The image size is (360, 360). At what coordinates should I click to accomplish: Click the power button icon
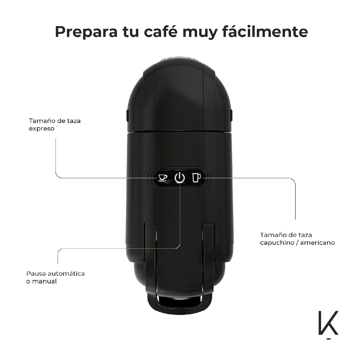pyautogui.click(x=180, y=178)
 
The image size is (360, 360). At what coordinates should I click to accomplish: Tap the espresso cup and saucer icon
pyautogui.click(x=163, y=178)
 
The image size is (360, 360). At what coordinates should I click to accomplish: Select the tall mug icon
pyautogui.click(x=196, y=178)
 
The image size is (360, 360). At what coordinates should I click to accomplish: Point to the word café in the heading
pyautogui.click(x=160, y=31)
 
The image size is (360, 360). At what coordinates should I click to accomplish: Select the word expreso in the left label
pyautogui.click(x=41, y=129)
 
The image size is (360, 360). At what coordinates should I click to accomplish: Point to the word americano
pyautogui.click(x=317, y=243)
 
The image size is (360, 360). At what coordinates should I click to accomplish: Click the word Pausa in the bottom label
pyautogui.click(x=36, y=274)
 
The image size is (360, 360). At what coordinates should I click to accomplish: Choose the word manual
pyautogui.click(x=44, y=281)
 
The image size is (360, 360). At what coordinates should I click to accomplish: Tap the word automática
pyautogui.click(x=66, y=274)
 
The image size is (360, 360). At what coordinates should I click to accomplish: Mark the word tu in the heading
pyautogui.click(x=131, y=32)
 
